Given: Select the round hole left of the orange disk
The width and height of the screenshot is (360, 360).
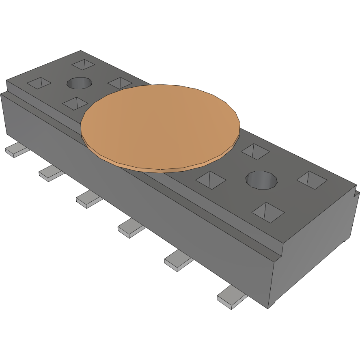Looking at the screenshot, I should click(79, 83).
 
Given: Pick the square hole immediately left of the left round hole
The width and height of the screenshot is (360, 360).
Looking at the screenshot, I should click(39, 83).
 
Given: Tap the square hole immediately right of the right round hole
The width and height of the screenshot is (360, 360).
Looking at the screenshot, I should click(312, 180).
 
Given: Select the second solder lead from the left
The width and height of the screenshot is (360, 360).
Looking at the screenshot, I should click(50, 174).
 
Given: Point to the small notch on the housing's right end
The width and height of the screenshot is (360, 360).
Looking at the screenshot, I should click(356, 194).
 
